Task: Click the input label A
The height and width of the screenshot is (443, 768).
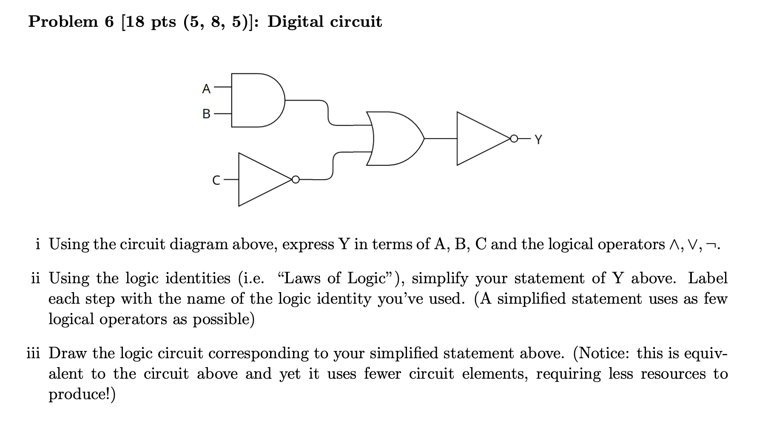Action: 206,89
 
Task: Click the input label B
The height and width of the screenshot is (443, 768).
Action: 206,114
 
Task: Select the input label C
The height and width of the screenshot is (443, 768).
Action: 216,181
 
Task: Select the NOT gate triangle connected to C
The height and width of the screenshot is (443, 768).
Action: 262,179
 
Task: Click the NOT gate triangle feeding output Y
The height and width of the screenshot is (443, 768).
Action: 481,138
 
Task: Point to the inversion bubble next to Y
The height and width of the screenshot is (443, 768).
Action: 514,138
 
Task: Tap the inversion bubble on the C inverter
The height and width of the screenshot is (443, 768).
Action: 296,179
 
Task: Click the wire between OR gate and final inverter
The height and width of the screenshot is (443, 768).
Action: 441,138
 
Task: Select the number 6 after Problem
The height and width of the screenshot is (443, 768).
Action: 109,22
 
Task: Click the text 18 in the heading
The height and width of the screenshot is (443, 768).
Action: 135,22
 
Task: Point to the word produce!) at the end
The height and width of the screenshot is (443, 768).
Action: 82,394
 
